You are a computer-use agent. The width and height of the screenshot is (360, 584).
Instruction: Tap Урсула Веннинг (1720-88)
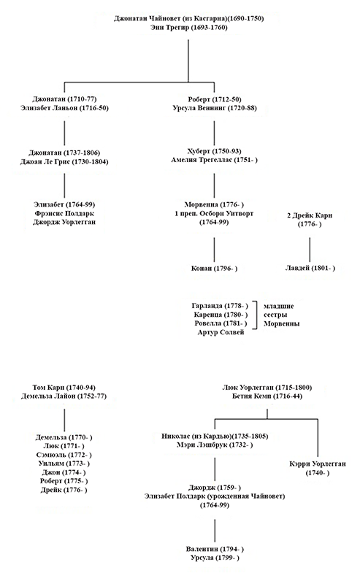tap(213, 107)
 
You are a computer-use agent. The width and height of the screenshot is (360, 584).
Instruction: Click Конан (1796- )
tap(213, 269)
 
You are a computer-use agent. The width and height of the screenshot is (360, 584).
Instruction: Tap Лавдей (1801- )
tap(310, 269)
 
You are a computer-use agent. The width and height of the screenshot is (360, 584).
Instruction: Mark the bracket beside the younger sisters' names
tap(253, 313)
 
